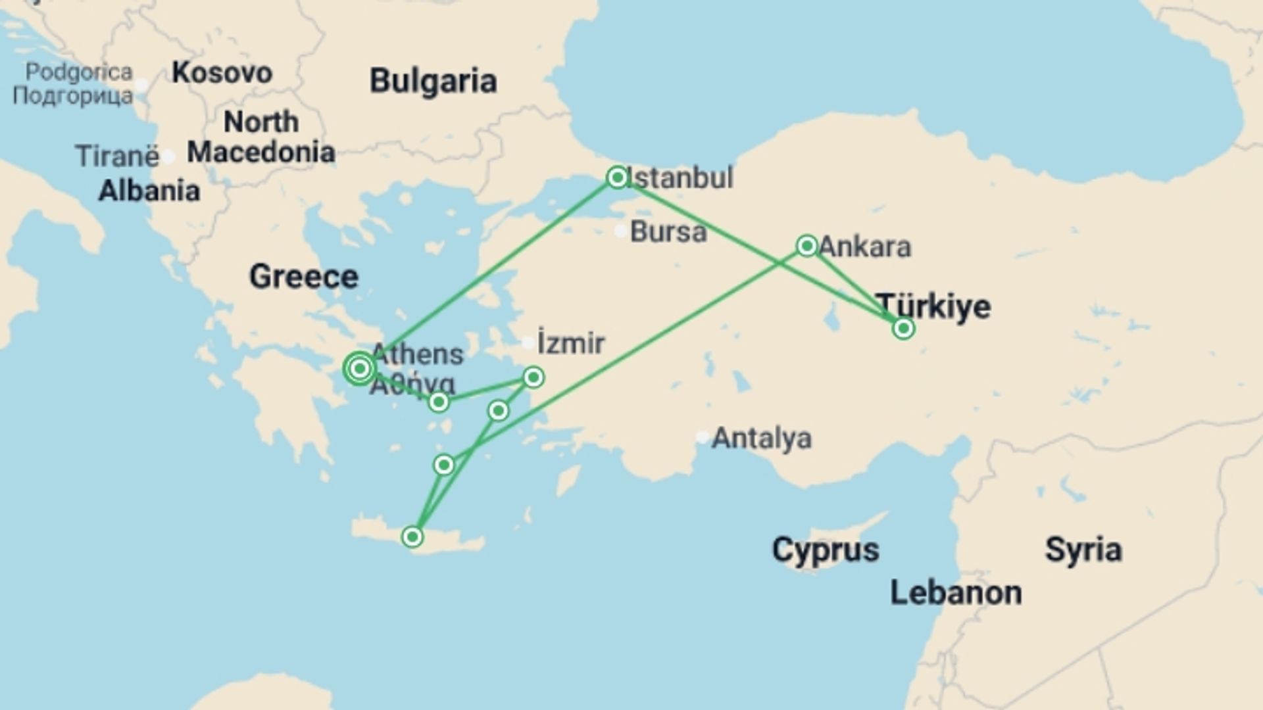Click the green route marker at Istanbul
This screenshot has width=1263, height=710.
[617, 177]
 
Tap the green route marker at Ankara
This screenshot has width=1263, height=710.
[806, 246]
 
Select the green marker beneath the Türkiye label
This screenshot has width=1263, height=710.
[903, 328]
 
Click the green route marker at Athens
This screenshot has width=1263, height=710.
[359, 369]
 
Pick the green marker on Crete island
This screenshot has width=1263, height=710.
[412, 537]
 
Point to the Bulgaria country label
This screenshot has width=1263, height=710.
[433, 82]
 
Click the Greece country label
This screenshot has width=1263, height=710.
[304, 277]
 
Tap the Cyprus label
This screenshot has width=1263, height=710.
[825, 550]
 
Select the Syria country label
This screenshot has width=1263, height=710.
[1083, 550]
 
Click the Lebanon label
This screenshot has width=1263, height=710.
[956, 593]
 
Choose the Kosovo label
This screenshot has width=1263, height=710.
[222, 73]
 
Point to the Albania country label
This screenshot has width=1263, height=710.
[149, 191]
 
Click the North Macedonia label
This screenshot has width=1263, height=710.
[261, 137]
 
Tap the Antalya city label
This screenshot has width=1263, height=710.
[762, 438]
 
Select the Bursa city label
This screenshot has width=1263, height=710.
[668, 232]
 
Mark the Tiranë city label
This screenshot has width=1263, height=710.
[117, 156]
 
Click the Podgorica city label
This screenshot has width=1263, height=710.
[78, 72]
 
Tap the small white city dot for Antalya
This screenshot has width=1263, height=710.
[703, 437]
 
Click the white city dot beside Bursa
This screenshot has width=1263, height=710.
[620, 231]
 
